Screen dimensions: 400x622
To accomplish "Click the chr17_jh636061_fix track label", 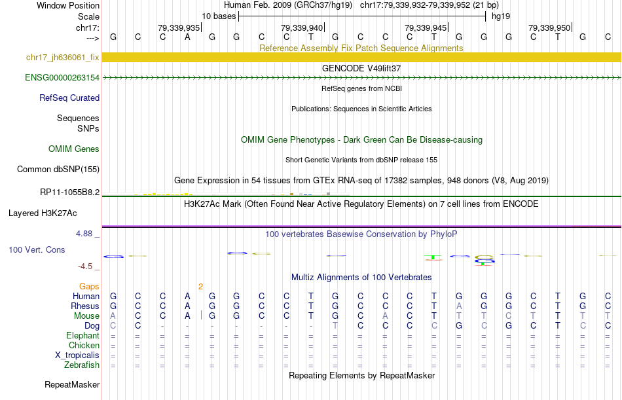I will (x=63, y=58).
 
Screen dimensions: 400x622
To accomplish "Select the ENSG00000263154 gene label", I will (x=62, y=78).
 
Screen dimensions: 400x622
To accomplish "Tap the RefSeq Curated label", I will (x=69, y=98).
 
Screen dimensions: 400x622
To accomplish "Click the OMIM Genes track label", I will (x=74, y=149).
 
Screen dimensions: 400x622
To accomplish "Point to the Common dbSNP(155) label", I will (x=58, y=170).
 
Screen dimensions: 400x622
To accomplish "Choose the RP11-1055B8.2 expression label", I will (x=69, y=192).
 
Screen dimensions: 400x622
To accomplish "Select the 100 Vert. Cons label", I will (x=37, y=250).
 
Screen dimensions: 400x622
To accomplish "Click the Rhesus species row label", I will (x=85, y=306).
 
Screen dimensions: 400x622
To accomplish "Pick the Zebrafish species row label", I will (x=82, y=365).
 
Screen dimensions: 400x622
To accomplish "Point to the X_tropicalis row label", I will (x=77, y=355).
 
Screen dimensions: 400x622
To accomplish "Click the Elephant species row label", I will (x=82, y=336).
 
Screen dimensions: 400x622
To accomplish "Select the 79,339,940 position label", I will (x=302, y=27).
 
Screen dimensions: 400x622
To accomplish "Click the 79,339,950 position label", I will (x=549, y=27).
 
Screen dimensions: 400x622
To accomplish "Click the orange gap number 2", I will (x=201, y=287).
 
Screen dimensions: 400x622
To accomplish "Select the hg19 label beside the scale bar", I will (x=501, y=16).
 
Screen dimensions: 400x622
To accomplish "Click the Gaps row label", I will (x=89, y=287).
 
